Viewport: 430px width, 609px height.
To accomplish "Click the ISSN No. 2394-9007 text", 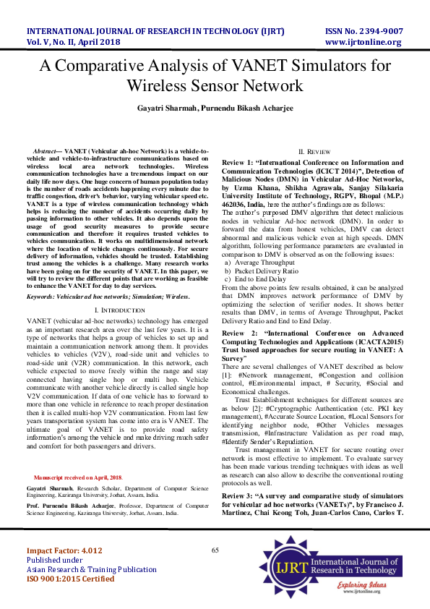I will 364,31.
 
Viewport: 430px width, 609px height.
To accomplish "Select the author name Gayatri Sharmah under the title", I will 167,108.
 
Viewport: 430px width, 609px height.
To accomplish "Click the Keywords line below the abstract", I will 108,297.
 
